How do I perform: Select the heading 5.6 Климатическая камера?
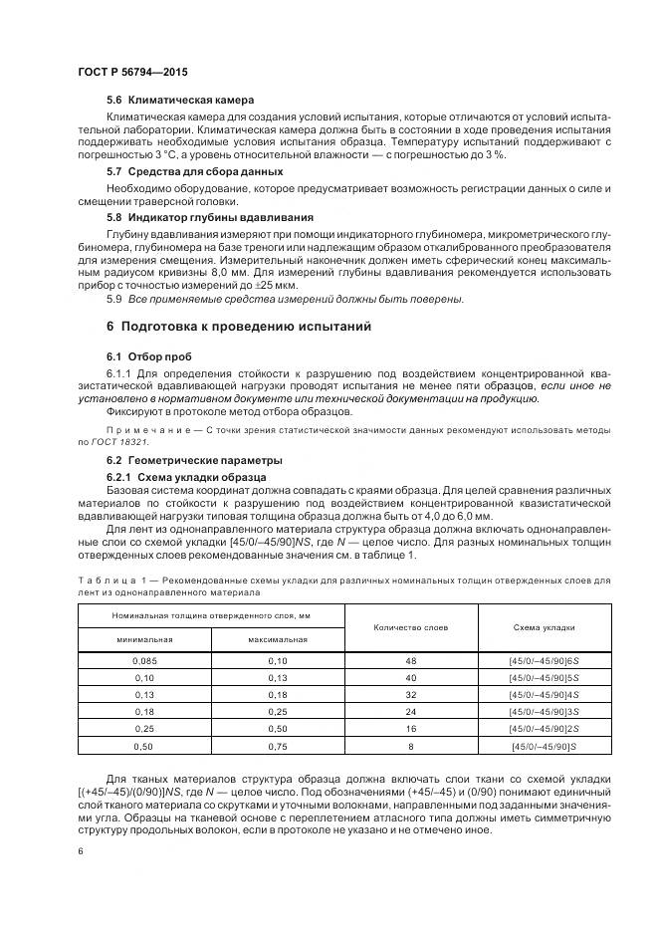pos(179,100)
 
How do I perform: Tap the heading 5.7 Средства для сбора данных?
pos(194,171)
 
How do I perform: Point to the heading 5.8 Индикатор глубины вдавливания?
pos(210,216)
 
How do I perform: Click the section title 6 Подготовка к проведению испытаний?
pos(238,326)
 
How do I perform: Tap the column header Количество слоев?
pos(410,627)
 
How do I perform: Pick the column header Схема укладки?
pos(545,627)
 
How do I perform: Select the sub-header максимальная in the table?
pos(277,639)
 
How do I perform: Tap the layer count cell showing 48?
pos(410,661)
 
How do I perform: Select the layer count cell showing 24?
pos(410,711)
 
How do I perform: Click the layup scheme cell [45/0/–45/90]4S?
pos(545,694)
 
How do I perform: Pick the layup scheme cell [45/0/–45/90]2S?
pos(545,728)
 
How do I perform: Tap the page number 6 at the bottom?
pos(80,851)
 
